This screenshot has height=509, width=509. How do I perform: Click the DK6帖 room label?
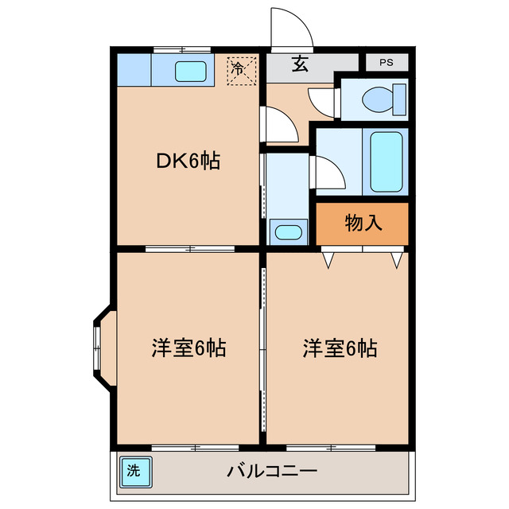click(x=188, y=161)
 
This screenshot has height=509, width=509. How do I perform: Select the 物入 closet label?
click(x=363, y=223)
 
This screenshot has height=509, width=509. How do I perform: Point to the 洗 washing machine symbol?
click(x=133, y=469)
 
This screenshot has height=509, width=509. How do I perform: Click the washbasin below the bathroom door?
click(x=286, y=233)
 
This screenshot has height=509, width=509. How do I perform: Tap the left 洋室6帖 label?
click(x=188, y=348)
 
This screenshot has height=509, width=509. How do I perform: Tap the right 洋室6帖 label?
click(x=340, y=348)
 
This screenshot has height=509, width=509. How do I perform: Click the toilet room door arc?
click(x=322, y=103)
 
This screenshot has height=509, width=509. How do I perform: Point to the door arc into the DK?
click(x=280, y=125)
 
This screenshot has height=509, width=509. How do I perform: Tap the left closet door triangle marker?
click(x=327, y=259)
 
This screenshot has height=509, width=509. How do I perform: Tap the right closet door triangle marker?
click(x=395, y=259)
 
